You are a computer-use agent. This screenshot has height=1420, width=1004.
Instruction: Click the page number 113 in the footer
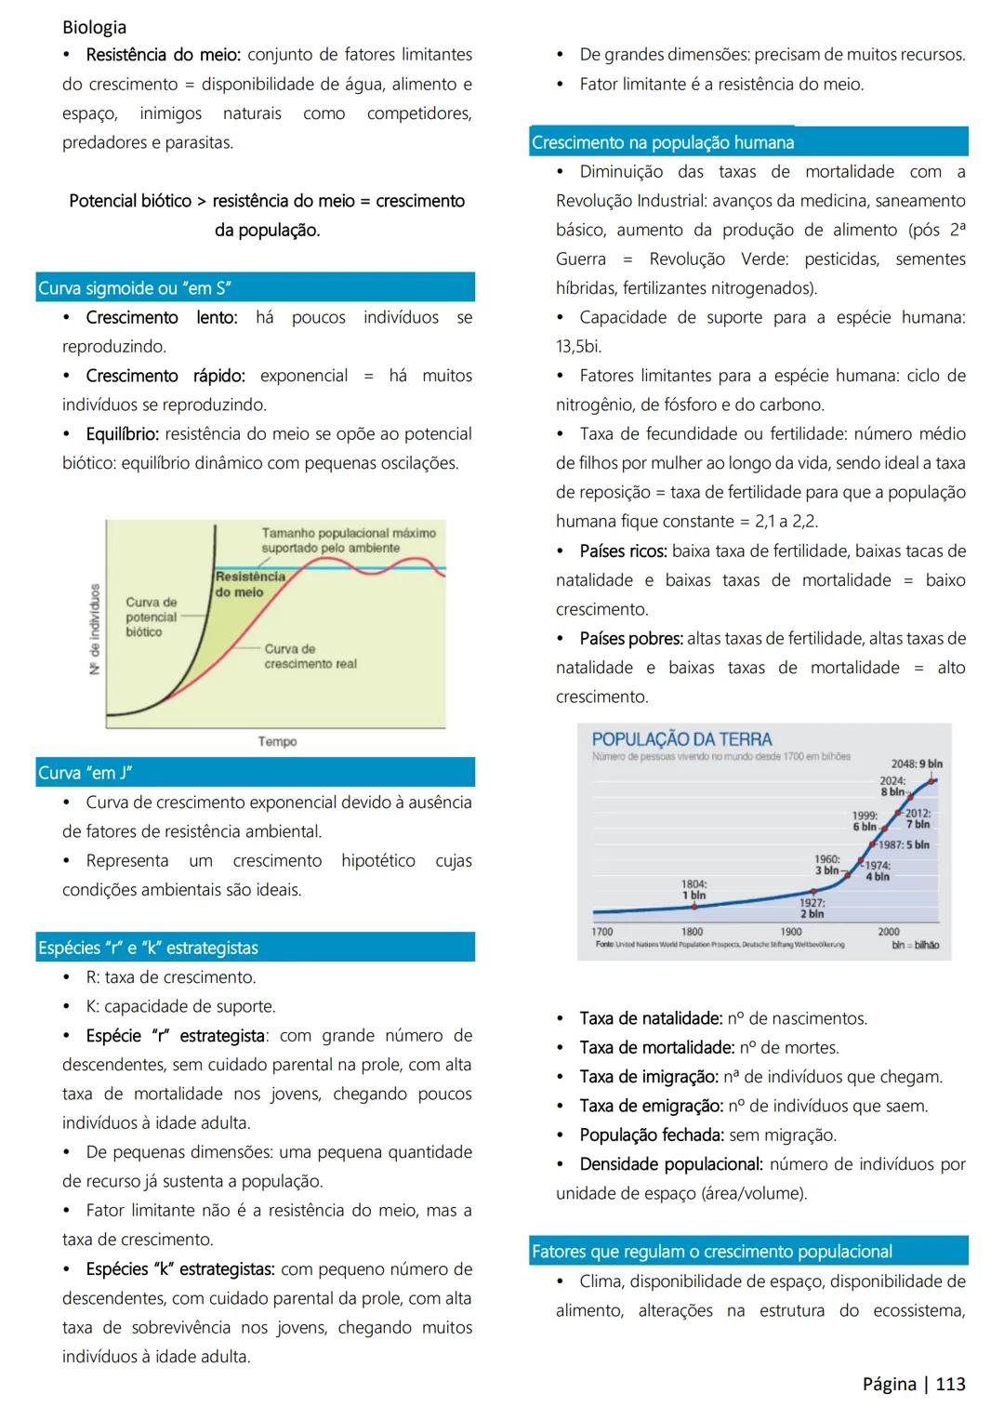click(x=950, y=1384)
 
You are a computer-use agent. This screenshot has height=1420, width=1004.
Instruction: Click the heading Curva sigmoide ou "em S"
click(x=135, y=288)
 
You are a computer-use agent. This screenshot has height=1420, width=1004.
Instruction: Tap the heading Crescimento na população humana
click(x=663, y=142)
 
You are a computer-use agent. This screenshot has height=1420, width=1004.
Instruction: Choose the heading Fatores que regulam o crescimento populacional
click(x=712, y=1252)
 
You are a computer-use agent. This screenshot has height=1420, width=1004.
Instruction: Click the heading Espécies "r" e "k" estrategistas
click(x=148, y=948)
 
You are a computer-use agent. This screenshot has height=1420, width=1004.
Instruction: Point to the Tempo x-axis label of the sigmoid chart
click(x=277, y=741)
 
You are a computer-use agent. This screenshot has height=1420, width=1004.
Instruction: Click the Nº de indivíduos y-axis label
click(x=95, y=630)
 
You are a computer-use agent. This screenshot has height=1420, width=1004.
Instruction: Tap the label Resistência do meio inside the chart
click(x=250, y=584)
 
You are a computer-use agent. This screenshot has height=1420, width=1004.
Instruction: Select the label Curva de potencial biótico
click(x=151, y=617)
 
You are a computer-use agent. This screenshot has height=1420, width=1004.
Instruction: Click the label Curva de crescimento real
click(x=310, y=656)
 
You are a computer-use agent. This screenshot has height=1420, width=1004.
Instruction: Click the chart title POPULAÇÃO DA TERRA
click(x=681, y=739)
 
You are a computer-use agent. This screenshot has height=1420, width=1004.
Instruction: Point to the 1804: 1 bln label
click(x=694, y=890)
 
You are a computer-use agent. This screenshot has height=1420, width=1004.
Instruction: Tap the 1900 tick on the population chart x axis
click(x=790, y=931)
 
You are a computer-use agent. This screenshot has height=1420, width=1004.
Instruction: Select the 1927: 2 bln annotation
click(x=812, y=909)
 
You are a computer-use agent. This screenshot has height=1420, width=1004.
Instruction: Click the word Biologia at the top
click(x=94, y=27)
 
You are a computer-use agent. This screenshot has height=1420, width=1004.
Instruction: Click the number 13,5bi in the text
click(x=578, y=346)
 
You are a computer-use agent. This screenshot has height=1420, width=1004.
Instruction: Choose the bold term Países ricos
click(x=623, y=551)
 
